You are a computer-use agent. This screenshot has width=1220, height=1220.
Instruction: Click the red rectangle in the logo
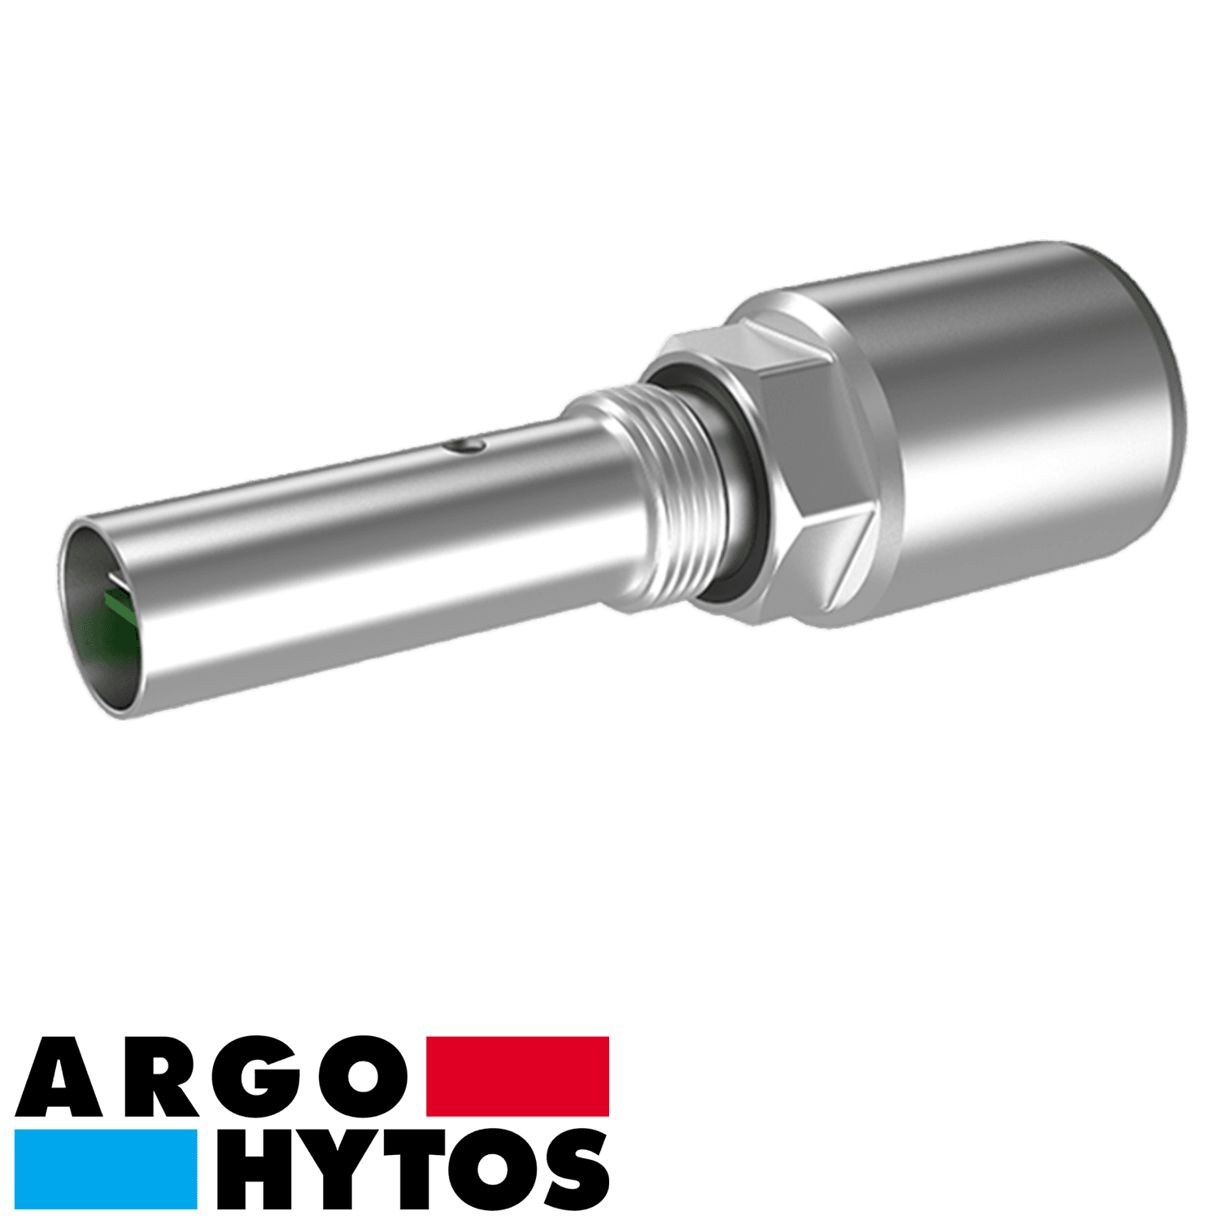pos(517,1075)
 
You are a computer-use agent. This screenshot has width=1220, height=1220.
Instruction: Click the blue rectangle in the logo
pos(107,1169)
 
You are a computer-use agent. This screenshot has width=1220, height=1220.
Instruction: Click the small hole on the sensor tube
pos(461,444)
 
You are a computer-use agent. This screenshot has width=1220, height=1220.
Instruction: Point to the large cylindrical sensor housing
pos(1017,423)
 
